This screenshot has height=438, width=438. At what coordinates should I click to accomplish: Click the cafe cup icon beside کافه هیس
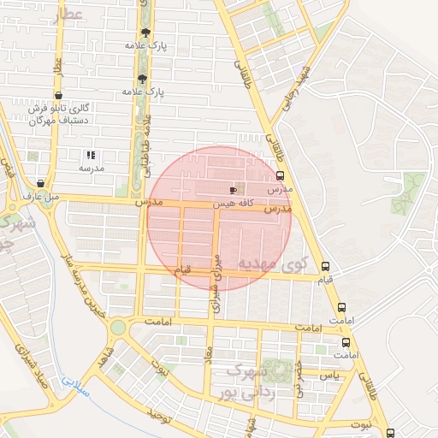[233, 190]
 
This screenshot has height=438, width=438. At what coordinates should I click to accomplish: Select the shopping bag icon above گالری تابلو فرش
[57, 96]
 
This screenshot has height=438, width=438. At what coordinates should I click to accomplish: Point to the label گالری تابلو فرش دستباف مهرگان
[60, 115]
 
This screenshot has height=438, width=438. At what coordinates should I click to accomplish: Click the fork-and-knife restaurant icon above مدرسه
[91, 155]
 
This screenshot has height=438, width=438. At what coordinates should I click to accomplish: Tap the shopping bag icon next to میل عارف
[40, 183]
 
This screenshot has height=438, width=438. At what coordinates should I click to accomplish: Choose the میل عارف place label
[41, 197]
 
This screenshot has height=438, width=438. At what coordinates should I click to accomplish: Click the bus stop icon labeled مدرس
[280, 175]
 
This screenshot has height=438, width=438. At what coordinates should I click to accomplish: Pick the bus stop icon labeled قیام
[324, 266]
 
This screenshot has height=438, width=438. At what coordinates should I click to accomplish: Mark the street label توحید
[161, 415]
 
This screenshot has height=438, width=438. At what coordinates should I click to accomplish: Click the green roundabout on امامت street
[117, 327]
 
